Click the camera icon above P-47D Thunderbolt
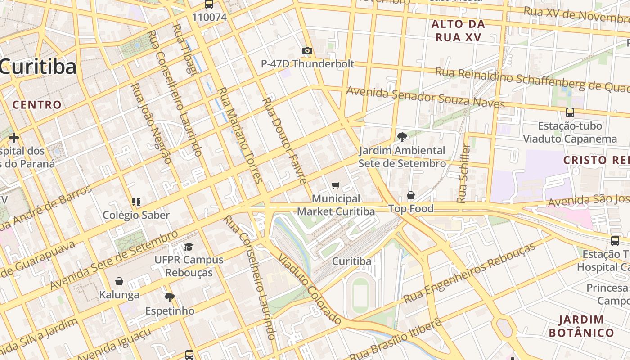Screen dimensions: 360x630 click(307, 50)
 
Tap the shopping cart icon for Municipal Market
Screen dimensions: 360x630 click(335, 186)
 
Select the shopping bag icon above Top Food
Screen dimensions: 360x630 click(411, 195)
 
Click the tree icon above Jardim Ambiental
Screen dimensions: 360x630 click(402, 137)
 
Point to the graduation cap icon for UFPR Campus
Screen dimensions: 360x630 click(189, 247)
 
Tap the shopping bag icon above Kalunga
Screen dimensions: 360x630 click(119, 281)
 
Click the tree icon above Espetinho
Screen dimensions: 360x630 click(170, 297)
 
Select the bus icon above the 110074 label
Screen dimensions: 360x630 click(209, 4)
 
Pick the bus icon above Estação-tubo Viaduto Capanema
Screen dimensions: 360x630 click(570, 112)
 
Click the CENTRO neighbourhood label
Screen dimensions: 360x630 click(37, 105)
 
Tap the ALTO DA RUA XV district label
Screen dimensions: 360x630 click(458, 31)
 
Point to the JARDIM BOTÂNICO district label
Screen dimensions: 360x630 click(581, 326)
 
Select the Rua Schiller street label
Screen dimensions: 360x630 click(463, 173)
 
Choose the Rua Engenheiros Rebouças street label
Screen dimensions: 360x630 click(470, 273)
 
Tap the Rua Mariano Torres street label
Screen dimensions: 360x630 click(240, 135)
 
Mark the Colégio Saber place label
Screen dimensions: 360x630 click(136, 215)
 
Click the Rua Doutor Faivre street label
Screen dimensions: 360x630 click(284, 140)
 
